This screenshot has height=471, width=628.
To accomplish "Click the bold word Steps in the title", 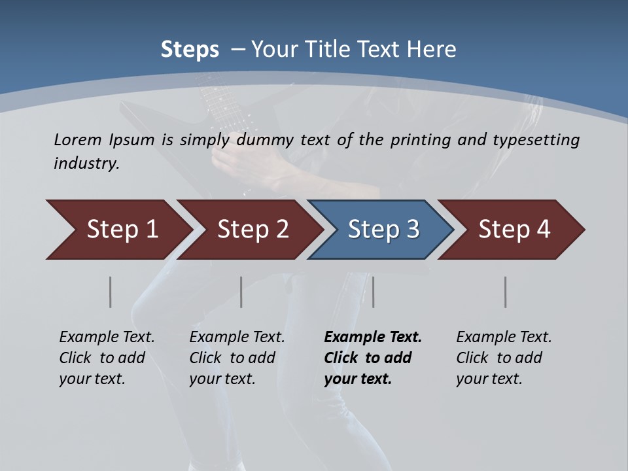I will pyautogui.click(x=190, y=50).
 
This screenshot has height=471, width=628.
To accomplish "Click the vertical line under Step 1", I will pyautogui.click(x=111, y=292).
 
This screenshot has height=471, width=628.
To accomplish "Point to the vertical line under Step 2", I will pyautogui.click(x=241, y=292).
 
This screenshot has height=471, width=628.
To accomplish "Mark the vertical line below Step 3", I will pyautogui.click(x=373, y=292).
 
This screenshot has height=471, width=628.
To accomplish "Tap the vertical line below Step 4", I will pyautogui.click(x=506, y=292).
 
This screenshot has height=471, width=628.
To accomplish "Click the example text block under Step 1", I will pyautogui.click(x=107, y=358).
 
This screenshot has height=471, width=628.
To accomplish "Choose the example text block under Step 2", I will pyautogui.click(x=237, y=358).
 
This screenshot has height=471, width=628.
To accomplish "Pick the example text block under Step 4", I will pyautogui.click(x=504, y=358).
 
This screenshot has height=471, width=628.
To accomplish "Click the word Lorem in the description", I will pyautogui.click(x=78, y=140).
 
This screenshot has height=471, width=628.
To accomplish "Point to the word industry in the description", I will pyautogui.click(x=86, y=164).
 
